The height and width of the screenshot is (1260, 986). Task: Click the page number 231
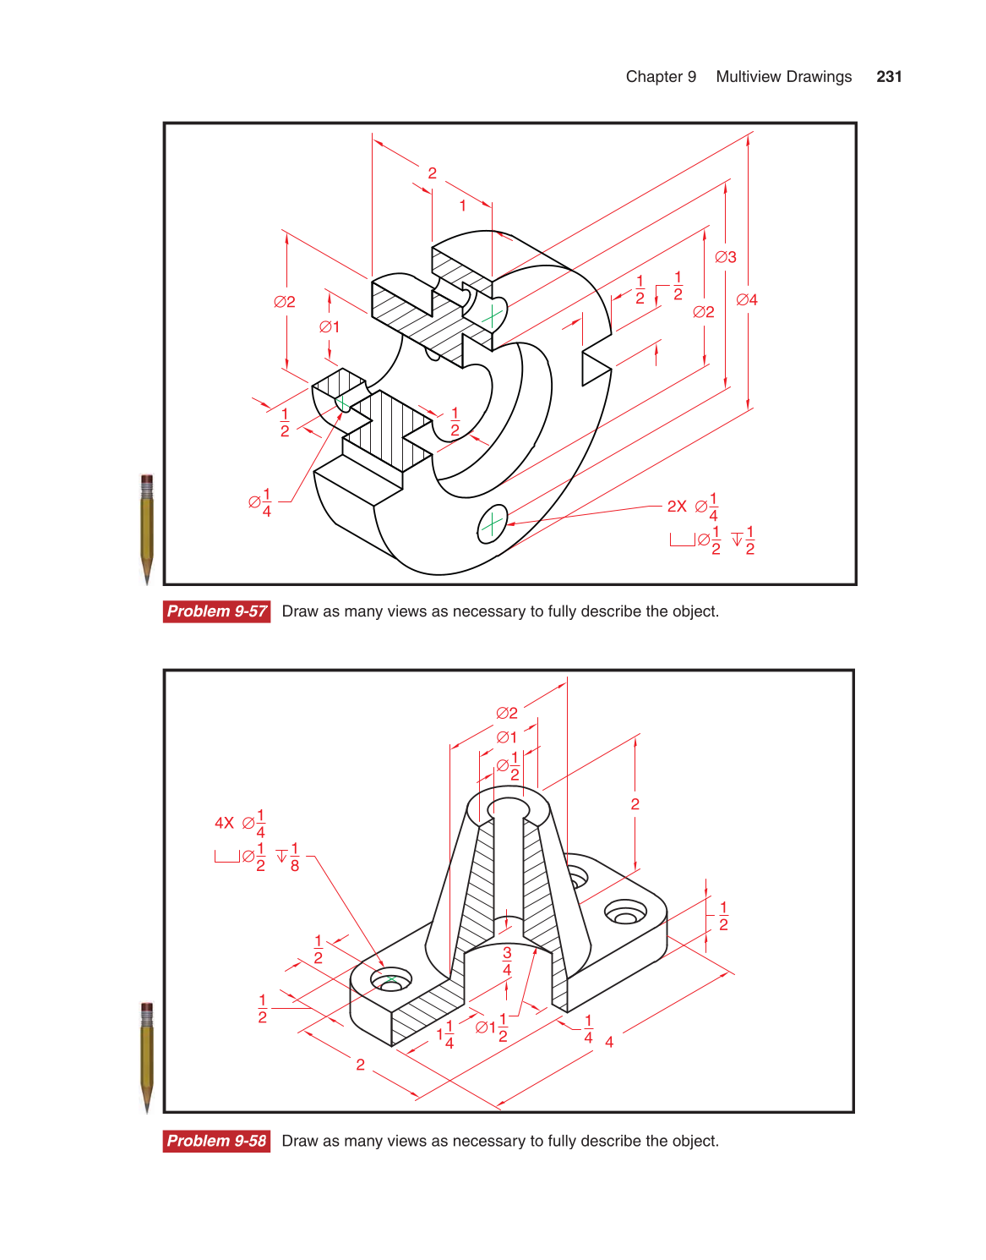pyautogui.click(x=889, y=77)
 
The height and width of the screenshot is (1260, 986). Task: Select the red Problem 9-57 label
pyautogui.click(x=216, y=611)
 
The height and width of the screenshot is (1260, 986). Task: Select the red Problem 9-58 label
pyautogui.click(x=216, y=1141)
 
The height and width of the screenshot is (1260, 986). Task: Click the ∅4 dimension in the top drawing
pyautogui.click(x=747, y=300)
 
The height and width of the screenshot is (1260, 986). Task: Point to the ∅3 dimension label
pyautogui.click(x=726, y=257)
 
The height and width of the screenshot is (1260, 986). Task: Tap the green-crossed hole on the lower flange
pyautogui.click(x=492, y=525)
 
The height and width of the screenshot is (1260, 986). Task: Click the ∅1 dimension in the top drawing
pyautogui.click(x=330, y=327)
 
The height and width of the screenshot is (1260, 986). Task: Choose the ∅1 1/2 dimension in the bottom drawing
pyautogui.click(x=492, y=1027)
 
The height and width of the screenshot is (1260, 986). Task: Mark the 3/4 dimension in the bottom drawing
pyautogui.click(x=507, y=961)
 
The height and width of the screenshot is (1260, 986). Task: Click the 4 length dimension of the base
pyautogui.click(x=609, y=1042)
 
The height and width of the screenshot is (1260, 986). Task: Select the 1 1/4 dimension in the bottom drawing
pyautogui.click(x=445, y=1034)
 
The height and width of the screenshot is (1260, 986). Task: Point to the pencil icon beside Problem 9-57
pyautogui.click(x=147, y=529)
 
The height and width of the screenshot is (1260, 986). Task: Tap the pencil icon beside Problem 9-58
pyautogui.click(x=147, y=1057)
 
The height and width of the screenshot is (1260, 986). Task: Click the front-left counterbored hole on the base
pyautogui.click(x=391, y=981)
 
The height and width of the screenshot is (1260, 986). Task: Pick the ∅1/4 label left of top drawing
pyautogui.click(x=260, y=502)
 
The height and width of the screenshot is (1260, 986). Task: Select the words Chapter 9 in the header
pyautogui.click(x=661, y=77)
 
